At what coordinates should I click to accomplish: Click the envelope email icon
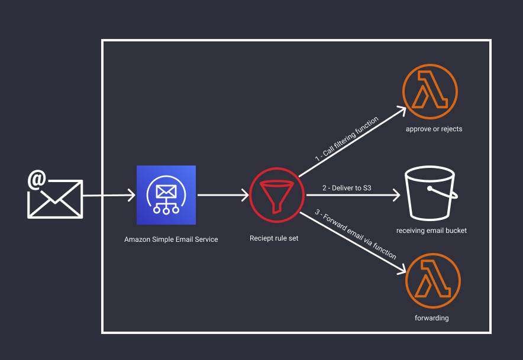(55, 199)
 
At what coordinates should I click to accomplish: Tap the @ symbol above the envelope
(37, 179)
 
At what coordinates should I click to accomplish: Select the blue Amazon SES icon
(166, 195)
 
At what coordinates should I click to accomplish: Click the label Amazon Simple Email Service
(171, 239)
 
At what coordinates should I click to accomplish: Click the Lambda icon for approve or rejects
(431, 92)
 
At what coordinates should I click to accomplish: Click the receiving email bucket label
(431, 231)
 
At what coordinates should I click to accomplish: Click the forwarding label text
(432, 318)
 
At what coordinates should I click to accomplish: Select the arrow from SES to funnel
(222, 194)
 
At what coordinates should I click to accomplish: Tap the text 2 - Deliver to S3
(347, 188)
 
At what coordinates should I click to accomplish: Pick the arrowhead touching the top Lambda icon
(402, 111)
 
